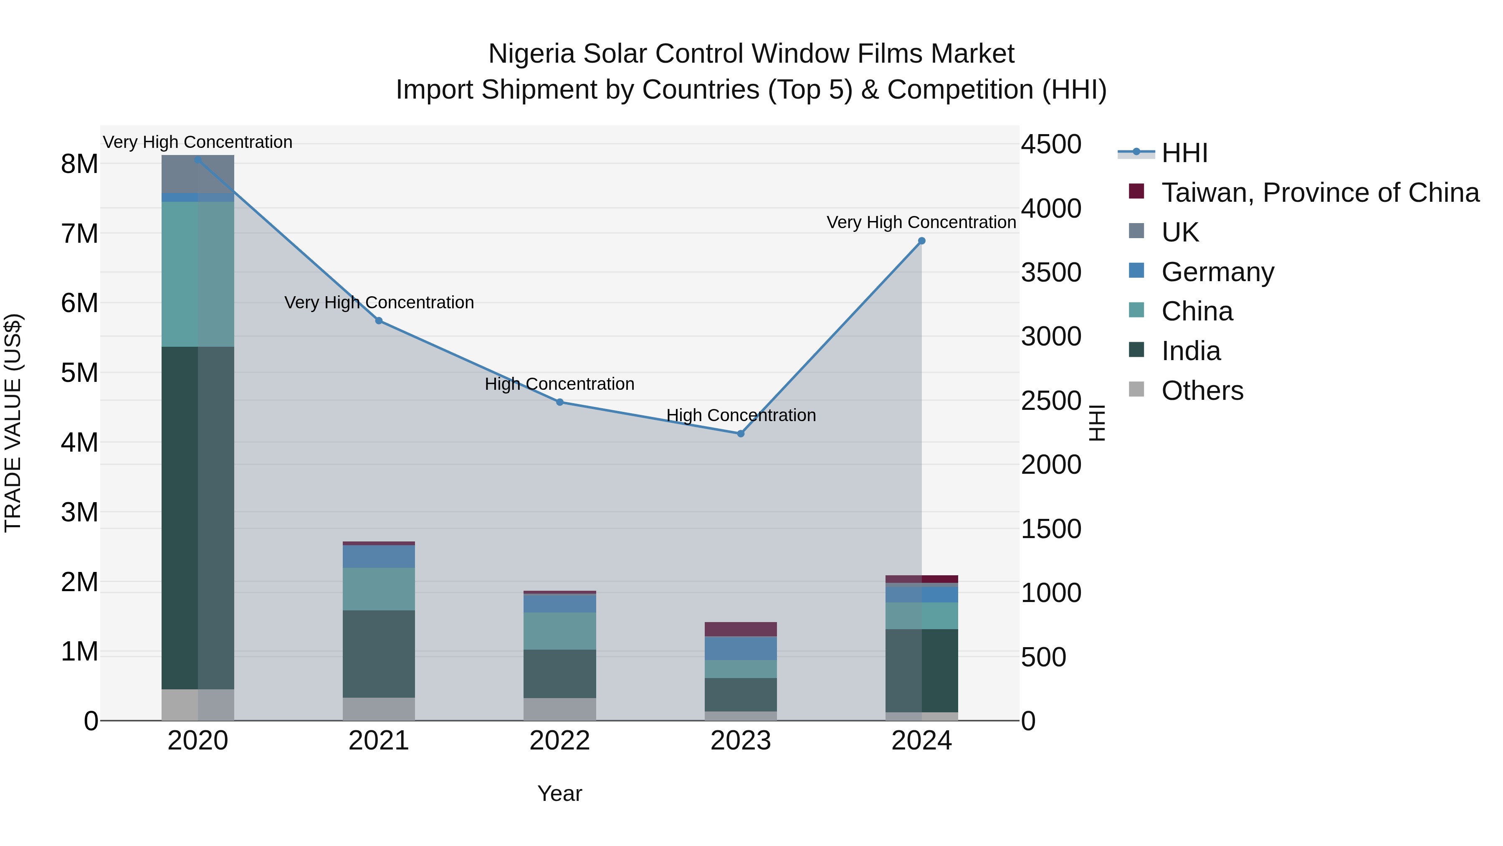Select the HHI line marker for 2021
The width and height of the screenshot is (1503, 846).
[379, 320]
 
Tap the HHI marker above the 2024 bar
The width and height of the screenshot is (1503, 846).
[921, 241]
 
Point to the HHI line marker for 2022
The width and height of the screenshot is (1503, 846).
[559, 402]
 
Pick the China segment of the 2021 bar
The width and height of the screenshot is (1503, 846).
[379, 589]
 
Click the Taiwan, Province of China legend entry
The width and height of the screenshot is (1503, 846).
[1320, 193]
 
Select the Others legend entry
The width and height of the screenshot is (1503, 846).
[1202, 391]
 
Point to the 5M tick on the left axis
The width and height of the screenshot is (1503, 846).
[79, 373]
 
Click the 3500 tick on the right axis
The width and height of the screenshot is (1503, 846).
[1051, 273]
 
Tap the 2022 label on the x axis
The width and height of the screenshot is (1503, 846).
[559, 741]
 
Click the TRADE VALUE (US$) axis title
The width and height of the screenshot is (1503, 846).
[13, 423]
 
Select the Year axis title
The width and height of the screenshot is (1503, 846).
[559, 793]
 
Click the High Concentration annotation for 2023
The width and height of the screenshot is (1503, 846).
[741, 415]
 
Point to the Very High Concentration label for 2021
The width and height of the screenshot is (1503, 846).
[379, 302]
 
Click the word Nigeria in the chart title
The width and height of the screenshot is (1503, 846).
[531, 54]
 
